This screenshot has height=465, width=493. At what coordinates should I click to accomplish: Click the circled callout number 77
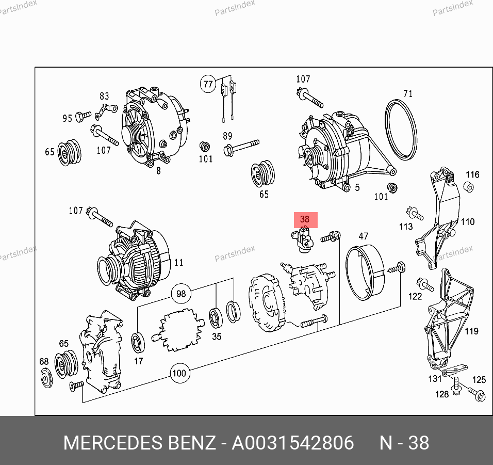(208, 84)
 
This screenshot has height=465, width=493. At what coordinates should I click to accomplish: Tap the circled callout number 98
(181, 294)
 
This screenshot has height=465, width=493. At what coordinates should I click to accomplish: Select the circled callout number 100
(179, 373)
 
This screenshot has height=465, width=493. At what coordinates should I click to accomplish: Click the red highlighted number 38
(305, 219)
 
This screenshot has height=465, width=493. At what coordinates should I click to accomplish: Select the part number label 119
(471, 331)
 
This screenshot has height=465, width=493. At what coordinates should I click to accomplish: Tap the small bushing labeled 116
(468, 187)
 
